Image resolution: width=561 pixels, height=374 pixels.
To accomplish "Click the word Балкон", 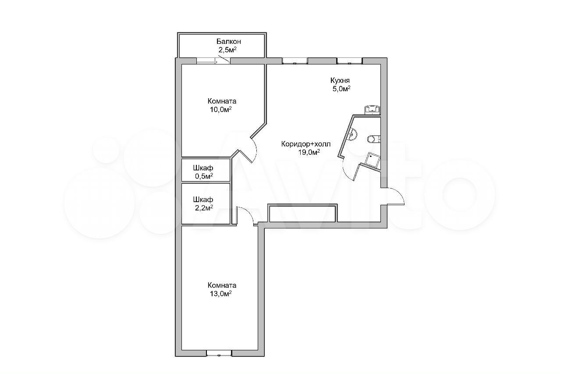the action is coord(229,41).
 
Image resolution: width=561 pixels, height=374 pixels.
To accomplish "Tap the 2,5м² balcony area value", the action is coord(227,50).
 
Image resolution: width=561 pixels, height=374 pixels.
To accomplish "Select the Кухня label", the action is coord(340,80).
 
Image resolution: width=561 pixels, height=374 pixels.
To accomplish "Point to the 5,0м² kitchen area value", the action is coord(341,89).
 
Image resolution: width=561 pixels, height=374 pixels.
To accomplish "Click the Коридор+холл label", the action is coord(306,144).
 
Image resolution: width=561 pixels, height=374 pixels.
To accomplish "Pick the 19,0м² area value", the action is coord(309,152).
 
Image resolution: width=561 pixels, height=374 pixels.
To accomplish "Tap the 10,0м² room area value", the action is coord(220,110).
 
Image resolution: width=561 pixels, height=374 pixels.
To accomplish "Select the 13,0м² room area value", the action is coord(220,293).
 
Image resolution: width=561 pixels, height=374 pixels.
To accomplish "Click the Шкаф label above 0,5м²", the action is coord(203,167).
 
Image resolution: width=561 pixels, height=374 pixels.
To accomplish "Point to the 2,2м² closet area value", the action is coord(204,208).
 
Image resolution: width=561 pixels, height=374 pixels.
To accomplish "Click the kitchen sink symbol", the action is coord(373,110).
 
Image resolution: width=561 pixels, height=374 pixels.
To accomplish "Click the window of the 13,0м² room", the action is coord(219,353).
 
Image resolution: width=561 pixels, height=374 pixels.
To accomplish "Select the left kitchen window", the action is coord(295,61).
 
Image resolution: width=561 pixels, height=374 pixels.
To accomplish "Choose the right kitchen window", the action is coord(349,61).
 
